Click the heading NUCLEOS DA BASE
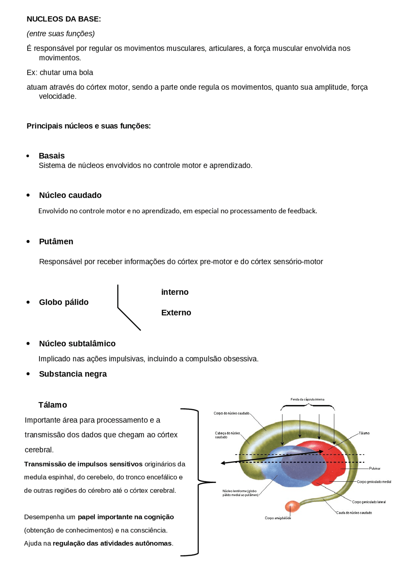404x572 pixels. pos(63,19)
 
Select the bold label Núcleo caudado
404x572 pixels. pos(70,195)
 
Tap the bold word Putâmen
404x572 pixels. pos(56,241)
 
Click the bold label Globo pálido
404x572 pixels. pos(63,302)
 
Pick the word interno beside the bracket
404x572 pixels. pos(175,292)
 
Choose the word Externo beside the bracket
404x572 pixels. pos(176,312)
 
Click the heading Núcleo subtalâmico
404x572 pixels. pos(77,343)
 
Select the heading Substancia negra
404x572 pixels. pos(73,374)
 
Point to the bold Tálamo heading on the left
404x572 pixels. pos(52,405)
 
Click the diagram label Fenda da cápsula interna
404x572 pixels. pos(307,399)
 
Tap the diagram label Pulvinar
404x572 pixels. pos(374,468)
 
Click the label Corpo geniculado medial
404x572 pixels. pos(374,482)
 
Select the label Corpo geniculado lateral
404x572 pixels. pos(369,502)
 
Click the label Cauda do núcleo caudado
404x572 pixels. pos(353,513)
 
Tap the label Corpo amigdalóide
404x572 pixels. pos(278,518)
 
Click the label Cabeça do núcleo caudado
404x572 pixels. pos(227,435)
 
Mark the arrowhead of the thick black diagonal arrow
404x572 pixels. pos(223,463)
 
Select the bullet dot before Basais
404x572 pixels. pos(28,156)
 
